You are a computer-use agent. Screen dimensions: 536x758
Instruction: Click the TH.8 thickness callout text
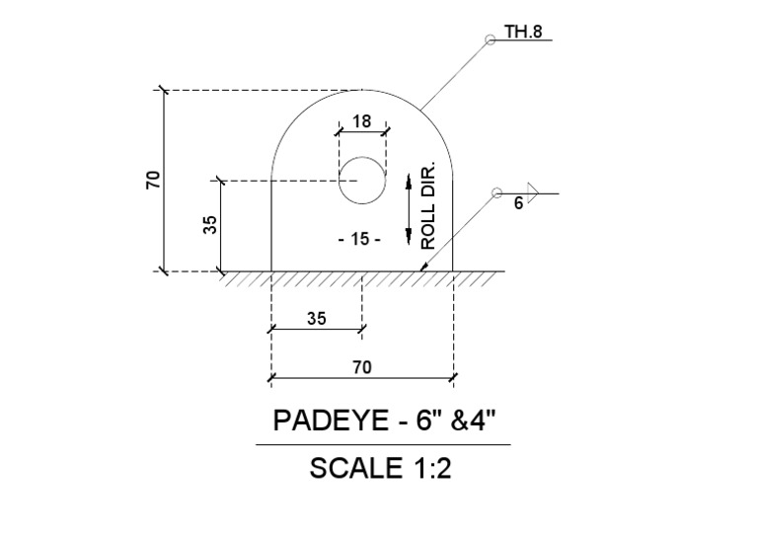tap(523, 32)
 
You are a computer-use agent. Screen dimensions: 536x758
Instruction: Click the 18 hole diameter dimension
tap(361, 121)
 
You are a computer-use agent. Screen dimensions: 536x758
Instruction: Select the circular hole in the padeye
tap(362, 181)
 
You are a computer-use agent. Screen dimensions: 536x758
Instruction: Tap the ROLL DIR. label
tap(428, 207)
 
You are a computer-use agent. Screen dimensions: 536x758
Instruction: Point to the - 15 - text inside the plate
tap(358, 239)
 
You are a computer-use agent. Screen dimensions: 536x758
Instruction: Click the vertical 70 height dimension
tap(153, 180)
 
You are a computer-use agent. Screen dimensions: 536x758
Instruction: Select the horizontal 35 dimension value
tap(316, 319)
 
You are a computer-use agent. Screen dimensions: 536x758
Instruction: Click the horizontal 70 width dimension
tap(361, 367)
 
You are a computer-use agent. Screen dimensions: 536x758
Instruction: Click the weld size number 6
tap(518, 204)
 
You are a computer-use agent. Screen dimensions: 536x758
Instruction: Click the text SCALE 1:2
tap(380, 469)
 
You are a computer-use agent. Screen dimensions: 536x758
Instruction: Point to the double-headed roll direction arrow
tap(408, 207)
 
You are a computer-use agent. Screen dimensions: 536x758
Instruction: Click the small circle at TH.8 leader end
tap(489, 40)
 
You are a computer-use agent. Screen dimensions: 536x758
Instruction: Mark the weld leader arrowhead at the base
tap(424, 265)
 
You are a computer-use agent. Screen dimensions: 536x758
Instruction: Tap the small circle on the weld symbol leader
tap(496, 192)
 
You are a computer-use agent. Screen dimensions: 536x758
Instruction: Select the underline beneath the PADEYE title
tap(383, 445)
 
